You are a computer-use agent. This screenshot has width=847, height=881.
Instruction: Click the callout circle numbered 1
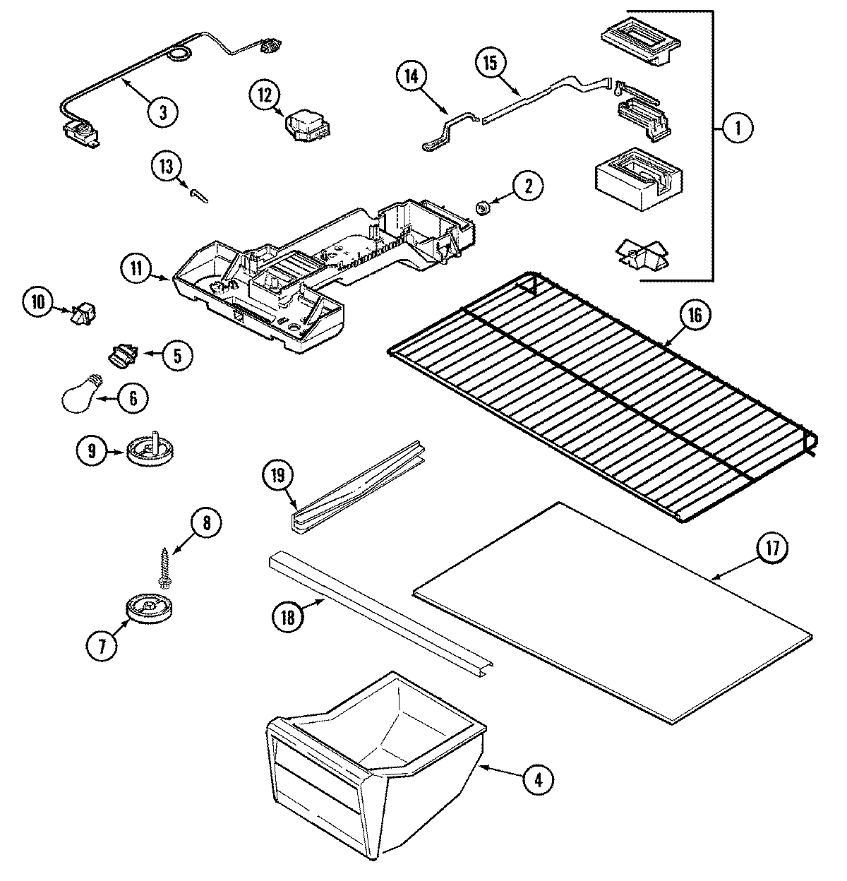tap(738, 128)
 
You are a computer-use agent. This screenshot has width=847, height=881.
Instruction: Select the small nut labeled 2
tap(483, 208)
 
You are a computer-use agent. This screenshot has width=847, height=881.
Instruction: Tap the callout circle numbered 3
tap(163, 111)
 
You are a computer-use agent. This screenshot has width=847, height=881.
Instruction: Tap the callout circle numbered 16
tap(695, 316)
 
